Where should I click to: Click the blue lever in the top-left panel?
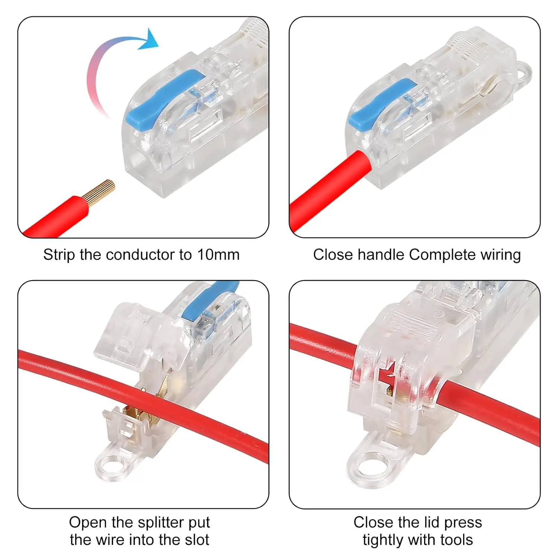pos(164,97)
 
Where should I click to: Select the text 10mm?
pos(218,255)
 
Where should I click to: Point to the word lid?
pos(433,523)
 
